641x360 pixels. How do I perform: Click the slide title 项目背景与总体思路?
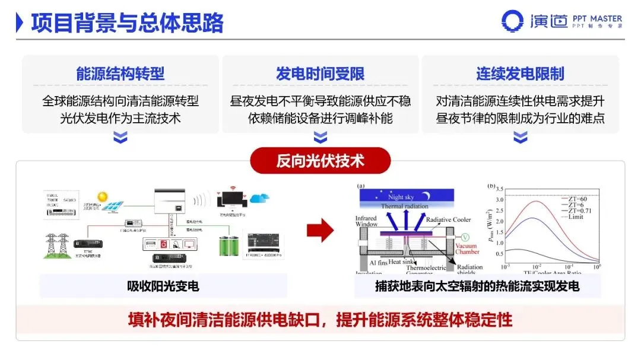(x=127, y=23)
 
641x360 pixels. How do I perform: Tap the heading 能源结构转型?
(x=120, y=74)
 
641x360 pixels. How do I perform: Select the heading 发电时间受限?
(x=320, y=74)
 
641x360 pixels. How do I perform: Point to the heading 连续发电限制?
(x=520, y=74)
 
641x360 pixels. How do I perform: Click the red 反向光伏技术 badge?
(x=320, y=160)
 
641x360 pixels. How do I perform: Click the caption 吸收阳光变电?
(x=163, y=286)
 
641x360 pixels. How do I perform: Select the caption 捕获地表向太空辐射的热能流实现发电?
(x=477, y=286)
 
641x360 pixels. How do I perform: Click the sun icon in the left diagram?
(x=102, y=195)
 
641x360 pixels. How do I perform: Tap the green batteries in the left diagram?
(x=231, y=245)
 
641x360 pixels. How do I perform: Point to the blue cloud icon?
(x=259, y=197)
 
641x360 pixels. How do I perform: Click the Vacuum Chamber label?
(x=467, y=248)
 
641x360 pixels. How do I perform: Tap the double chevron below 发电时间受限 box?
(x=320, y=138)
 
